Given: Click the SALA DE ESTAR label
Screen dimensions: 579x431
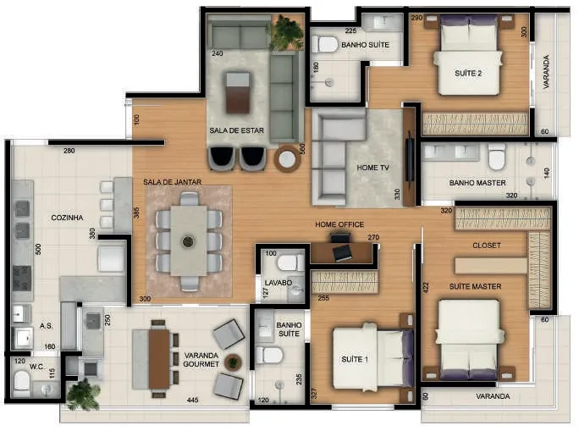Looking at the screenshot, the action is (x=237, y=130).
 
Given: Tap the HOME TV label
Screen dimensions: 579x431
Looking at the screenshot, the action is (x=373, y=168).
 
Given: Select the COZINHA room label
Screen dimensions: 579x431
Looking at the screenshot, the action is (x=67, y=218).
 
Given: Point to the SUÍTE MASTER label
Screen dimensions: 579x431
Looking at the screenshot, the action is (x=475, y=286).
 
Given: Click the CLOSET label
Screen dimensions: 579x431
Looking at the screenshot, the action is (x=487, y=246).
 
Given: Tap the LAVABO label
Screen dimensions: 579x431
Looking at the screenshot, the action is (x=278, y=283).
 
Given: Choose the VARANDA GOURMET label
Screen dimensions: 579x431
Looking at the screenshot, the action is (x=201, y=360).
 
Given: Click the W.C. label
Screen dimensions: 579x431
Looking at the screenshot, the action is (x=37, y=367).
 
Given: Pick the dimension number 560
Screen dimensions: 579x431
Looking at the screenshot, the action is (x=302, y=149).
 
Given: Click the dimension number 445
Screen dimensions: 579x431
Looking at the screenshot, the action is (x=193, y=400).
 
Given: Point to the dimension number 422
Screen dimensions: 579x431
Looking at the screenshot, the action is (x=426, y=288).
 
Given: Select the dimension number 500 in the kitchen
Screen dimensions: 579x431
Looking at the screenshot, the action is (x=38, y=250).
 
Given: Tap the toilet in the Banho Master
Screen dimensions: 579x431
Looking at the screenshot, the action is (x=497, y=157).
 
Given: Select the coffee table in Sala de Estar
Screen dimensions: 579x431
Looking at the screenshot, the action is (x=238, y=92).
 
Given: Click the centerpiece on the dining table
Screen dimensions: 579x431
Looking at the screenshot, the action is (x=188, y=242).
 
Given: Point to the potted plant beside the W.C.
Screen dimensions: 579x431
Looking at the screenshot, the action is (x=84, y=395).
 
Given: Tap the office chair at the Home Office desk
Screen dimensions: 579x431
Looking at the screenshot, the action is (x=340, y=237).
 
